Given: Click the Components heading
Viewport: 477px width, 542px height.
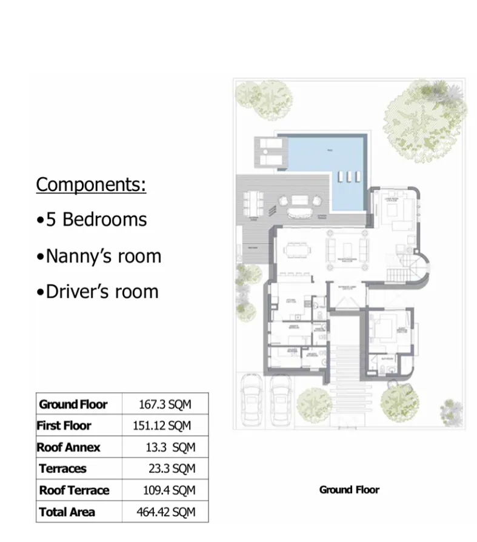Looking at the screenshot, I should coord(91,184).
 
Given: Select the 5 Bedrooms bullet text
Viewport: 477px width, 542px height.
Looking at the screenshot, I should coord(92,219).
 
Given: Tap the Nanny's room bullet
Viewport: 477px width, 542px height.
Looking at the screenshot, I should coord(99,256).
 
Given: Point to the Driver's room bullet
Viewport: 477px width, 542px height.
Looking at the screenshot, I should coord(97,292).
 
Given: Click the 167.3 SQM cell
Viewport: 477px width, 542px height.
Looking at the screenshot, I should coord(165,404).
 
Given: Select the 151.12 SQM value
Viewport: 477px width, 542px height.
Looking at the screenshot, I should coord(162,426).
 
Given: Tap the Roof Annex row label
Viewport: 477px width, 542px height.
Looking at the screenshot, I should coord(68,447).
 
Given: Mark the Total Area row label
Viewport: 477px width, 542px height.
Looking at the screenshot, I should coord(67,512).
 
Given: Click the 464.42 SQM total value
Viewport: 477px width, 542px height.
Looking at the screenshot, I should coord(166,512).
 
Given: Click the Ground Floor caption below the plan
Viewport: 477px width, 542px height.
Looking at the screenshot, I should coord(349,490).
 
